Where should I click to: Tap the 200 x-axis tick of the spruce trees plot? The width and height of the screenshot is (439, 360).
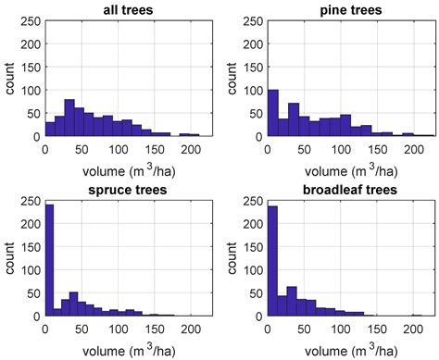(191, 329)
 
